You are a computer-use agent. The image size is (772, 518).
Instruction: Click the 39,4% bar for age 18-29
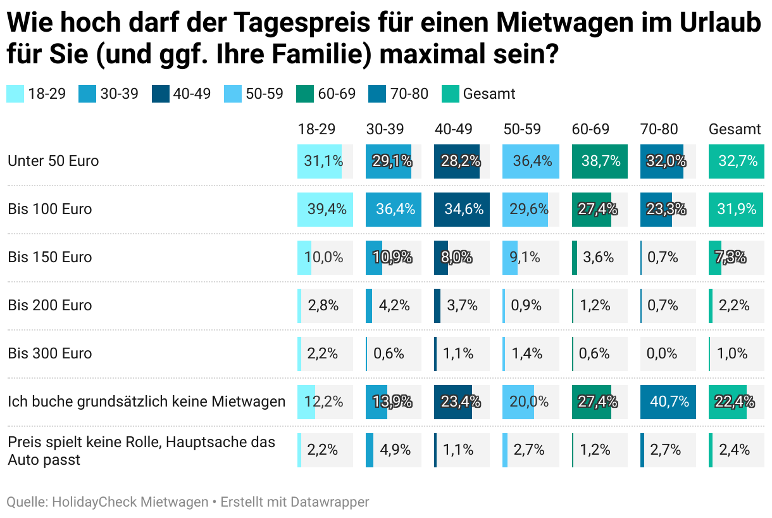(325, 209)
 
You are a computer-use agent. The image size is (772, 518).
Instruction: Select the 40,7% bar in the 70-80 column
(668, 401)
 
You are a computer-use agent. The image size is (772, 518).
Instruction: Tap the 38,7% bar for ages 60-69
(599, 161)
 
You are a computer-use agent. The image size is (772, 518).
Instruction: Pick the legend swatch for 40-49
(161, 94)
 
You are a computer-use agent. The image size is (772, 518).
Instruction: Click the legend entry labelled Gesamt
(489, 94)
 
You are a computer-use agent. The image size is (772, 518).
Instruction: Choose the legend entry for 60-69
(337, 94)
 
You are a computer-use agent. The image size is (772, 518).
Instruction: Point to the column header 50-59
(522, 129)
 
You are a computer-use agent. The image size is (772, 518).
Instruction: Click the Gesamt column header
(735, 129)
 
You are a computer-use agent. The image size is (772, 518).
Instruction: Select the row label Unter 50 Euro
(53, 161)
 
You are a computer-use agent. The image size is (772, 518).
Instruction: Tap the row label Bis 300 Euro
(50, 353)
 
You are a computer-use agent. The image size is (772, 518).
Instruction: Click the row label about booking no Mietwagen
(146, 401)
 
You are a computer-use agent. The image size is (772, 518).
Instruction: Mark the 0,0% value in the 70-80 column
(663, 353)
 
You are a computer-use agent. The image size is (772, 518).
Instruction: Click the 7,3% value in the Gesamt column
(730, 257)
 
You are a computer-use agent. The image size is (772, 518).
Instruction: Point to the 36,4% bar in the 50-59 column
(531, 161)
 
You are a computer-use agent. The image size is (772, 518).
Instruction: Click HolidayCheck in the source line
(94, 502)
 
